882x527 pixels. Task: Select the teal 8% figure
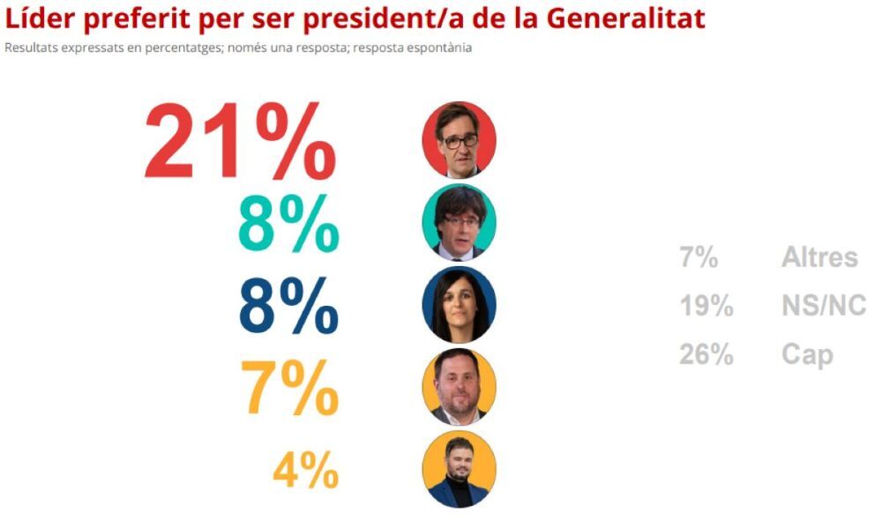pyautogui.click(x=288, y=223)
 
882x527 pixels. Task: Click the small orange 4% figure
pyautogui.click(x=305, y=471)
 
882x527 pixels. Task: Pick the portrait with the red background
pyautogui.click(x=459, y=140)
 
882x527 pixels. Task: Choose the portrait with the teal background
pyautogui.click(x=459, y=222)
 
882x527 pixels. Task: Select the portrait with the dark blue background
pyautogui.click(x=459, y=304)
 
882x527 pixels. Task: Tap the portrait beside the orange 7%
pyautogui.click(x=459, y=386)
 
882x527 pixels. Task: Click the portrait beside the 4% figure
pyautogui.click(x=459, y=468)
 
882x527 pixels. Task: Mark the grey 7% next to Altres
pyautogui.click(x=698, y=258)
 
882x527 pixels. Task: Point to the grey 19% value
pyautogui.click(x=706, y=306)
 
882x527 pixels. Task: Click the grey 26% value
pyautogui.click(x=706, y=354)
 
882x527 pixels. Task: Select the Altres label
pyautogui.click(x=818, y=257)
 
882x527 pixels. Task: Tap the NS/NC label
pyautogui.click(x=823, y=306)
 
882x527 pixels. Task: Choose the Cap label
pyautogui.click(x=806, y=355)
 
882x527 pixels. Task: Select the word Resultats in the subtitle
pyautogui.click(x=29, y=48)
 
